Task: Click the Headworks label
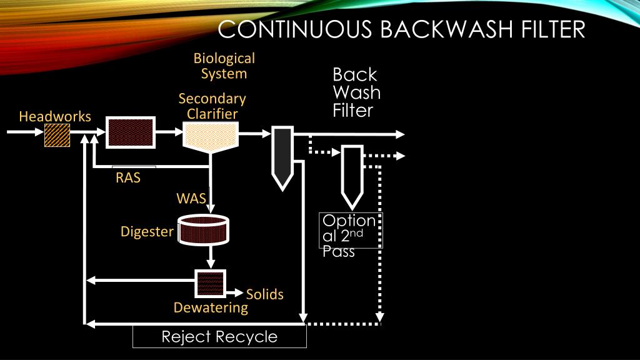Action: point(55,117)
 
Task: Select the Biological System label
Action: point(224,66)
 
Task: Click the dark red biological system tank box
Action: point(130,133)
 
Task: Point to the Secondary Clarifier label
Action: point(212,106)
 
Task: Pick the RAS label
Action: point(128,177)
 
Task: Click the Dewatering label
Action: point(211,307)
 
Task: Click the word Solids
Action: point(265,294)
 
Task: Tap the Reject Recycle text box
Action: point(219,337)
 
